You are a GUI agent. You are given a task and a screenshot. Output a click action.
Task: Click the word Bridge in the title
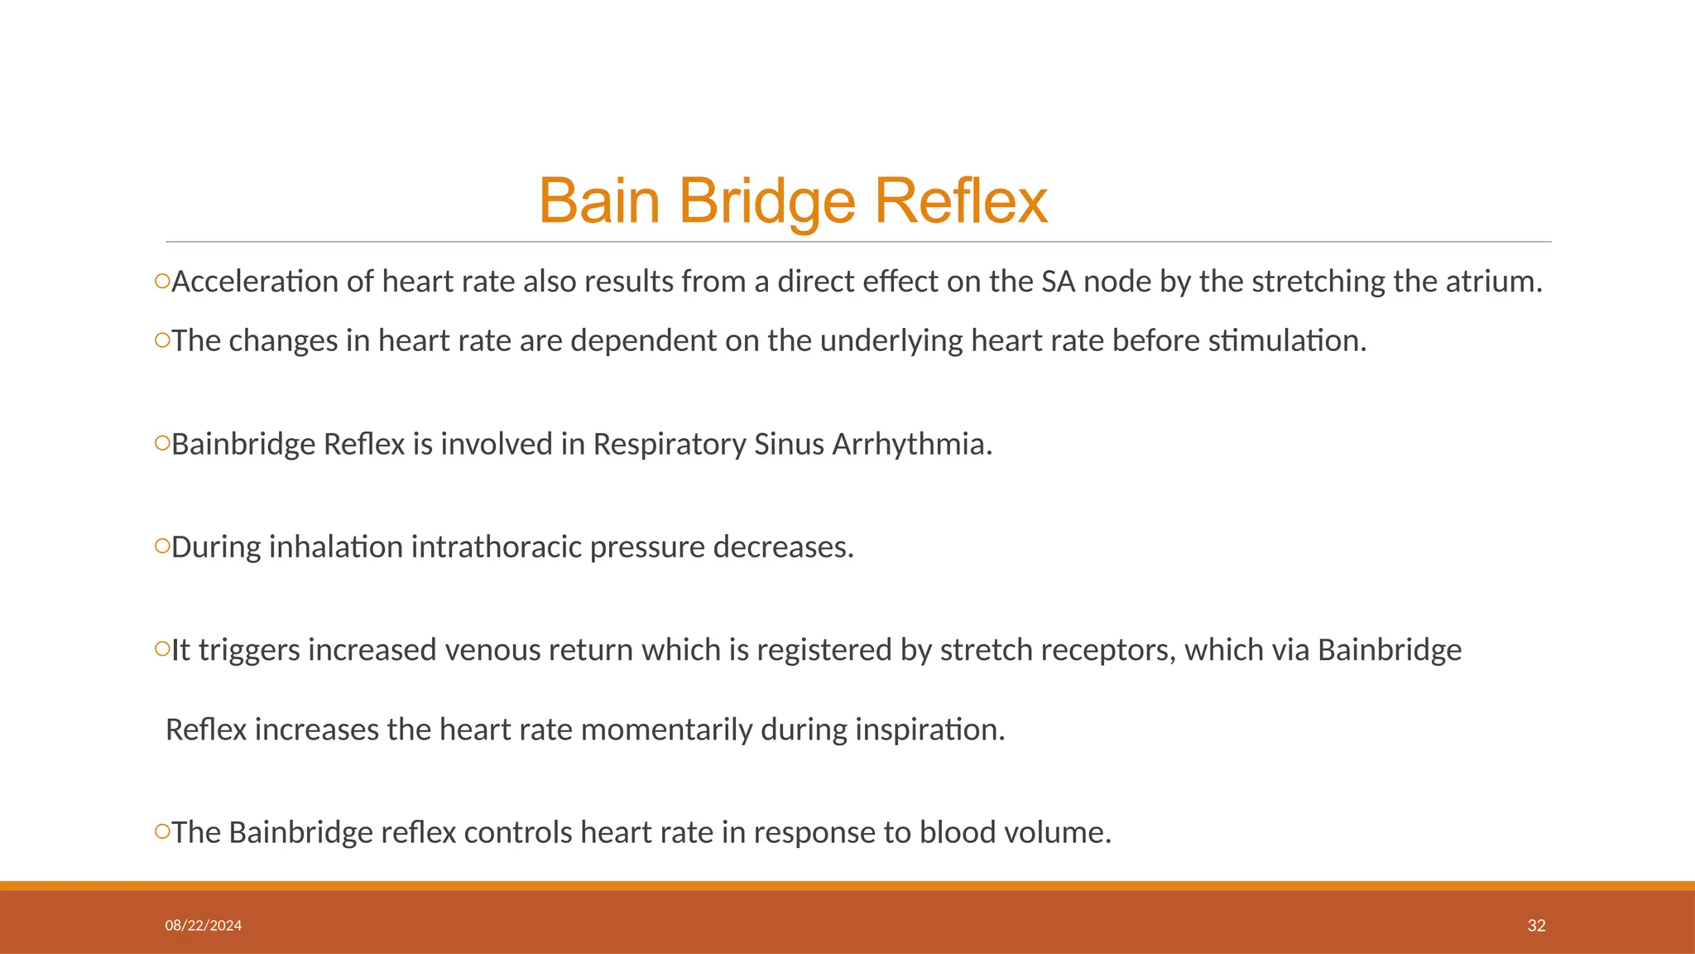pos(766,201)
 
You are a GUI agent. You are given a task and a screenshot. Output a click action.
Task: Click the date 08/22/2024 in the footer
pos(204,926)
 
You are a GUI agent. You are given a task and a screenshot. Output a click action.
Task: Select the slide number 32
pos(1536,926)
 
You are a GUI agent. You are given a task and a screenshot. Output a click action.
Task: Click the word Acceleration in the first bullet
pos(255,282)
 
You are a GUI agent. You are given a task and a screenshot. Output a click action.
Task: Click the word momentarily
pos(665,730)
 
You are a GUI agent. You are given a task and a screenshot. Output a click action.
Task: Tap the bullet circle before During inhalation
pos(161,546)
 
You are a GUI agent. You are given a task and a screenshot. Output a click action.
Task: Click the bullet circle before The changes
pos(161,340)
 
